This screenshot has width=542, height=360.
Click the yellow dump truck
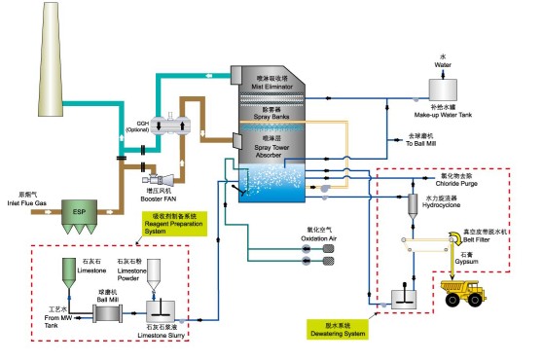coord(465,291)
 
